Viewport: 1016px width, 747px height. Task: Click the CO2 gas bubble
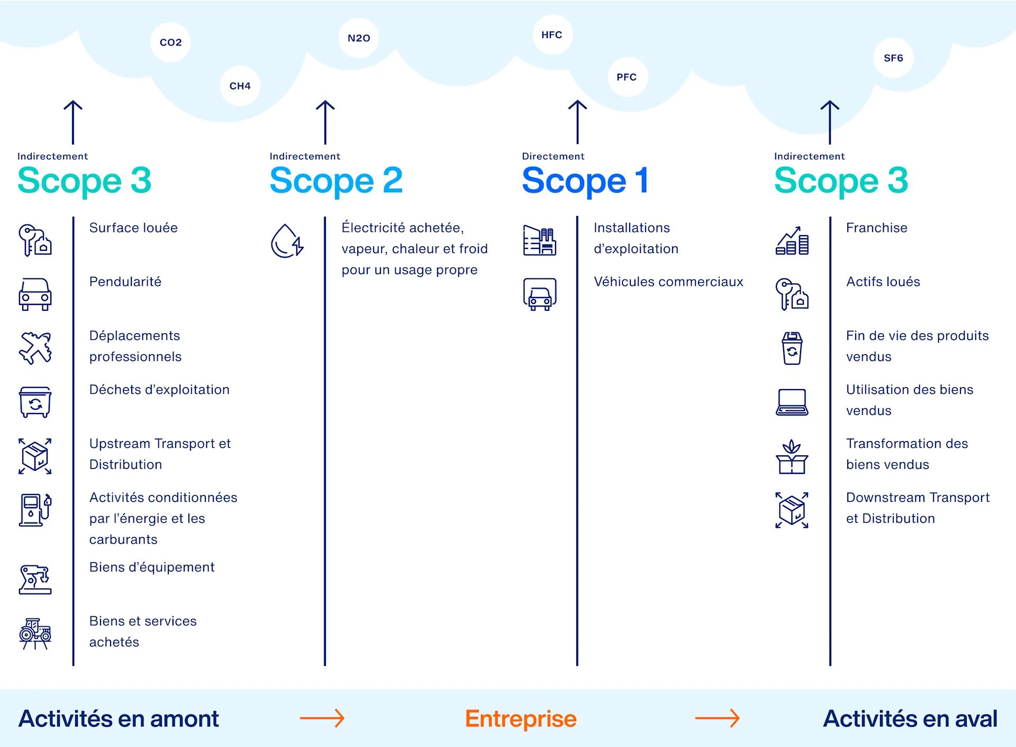tap(170, 42)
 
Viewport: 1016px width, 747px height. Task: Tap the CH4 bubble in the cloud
tap(240, 86)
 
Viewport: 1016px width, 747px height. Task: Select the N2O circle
tap(359, 38)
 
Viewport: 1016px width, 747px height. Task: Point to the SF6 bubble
tap(893, 58)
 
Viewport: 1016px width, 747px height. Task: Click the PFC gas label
tap(627, 77)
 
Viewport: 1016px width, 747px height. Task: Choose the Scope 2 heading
tap(336, 181)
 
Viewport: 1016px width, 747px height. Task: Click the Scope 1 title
tap(585, 181)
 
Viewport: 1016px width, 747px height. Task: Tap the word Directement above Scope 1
tap(553, 156)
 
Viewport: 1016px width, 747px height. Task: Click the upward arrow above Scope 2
tap(325, 122)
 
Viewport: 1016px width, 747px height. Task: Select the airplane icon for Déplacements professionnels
tap(35, 348)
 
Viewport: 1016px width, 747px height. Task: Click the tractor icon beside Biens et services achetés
tap(35, 633)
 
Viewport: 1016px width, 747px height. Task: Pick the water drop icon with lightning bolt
tap(287, 241)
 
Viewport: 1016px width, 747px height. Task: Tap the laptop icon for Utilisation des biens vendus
tap(792, 402)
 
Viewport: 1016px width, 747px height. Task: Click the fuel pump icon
tap(35, 510)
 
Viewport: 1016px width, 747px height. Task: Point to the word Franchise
tap(876, 228)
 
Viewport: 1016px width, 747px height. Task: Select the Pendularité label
tap(125, 282)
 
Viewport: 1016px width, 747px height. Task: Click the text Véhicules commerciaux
tap(668, 282)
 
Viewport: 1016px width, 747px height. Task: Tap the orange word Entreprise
tap(521, 718)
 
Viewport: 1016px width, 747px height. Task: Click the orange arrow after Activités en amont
tap(322, 718)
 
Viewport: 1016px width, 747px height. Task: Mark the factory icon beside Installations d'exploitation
tap(539, 241)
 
